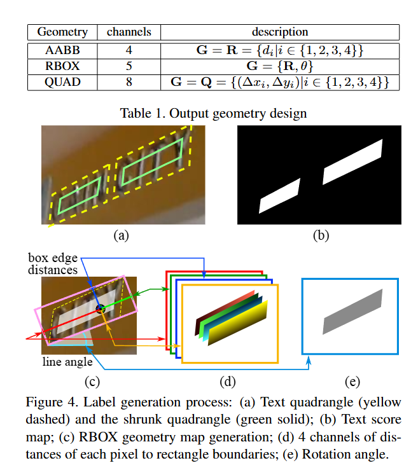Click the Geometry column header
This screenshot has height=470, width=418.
62,32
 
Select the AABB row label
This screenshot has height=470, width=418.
62,50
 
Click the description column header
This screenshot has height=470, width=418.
280,32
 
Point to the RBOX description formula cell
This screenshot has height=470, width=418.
280,66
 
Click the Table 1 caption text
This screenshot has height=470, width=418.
214,114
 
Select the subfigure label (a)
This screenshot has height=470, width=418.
121,235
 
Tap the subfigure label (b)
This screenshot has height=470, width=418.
320,235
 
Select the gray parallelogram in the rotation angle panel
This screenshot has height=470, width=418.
352,311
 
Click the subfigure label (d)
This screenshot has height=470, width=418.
228,382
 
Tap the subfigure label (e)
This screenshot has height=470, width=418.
352,382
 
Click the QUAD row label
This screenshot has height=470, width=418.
62,82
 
